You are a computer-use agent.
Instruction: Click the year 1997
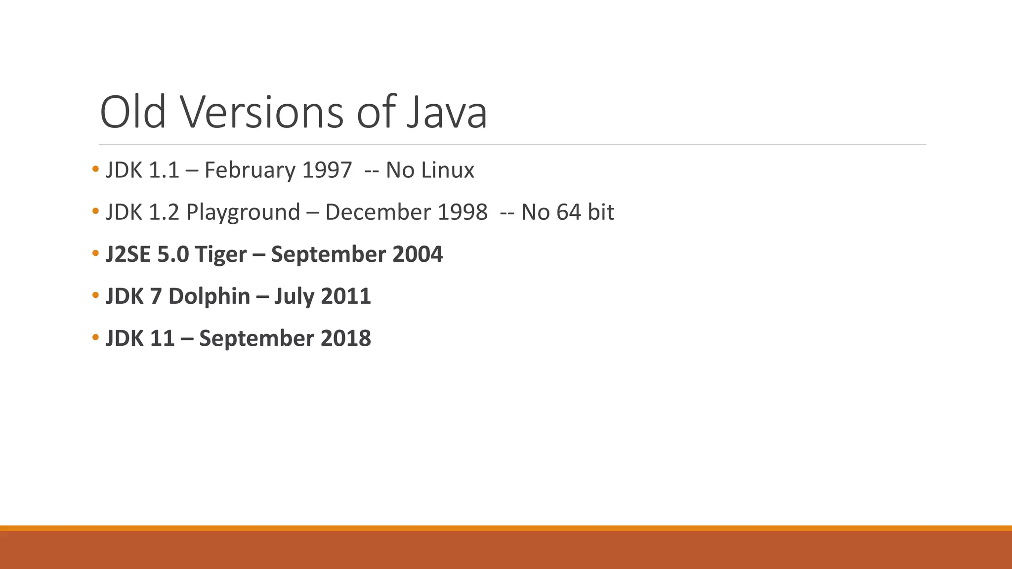327,170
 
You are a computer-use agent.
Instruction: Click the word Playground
243,212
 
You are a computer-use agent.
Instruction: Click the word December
378,212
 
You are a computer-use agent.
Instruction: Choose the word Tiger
220,254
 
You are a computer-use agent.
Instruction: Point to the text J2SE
128,254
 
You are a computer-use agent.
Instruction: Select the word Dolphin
209,296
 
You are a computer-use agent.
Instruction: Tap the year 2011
346,296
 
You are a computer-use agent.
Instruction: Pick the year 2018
346,338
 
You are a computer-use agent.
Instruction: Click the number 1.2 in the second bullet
164,212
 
